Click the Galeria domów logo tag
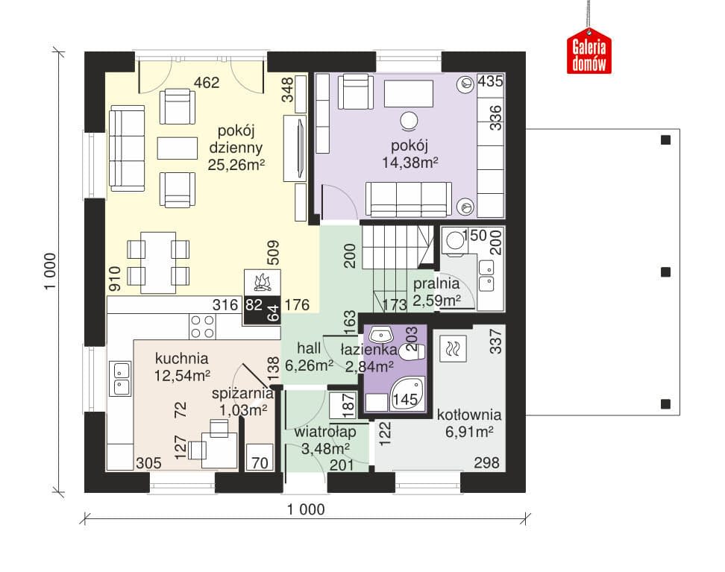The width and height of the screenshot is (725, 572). pos(589,51)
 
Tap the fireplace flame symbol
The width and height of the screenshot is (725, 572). pos(262,282)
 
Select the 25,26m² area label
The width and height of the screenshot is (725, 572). pos(236,165)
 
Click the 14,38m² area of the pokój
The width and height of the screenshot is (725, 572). pos(409,163)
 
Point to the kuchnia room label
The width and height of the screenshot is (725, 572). pos(181,359)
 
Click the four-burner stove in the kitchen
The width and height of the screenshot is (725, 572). pos(203,327)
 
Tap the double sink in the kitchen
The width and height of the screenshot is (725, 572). pos(121,378)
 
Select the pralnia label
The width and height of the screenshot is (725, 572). pos(436,284)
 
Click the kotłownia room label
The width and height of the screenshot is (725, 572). pos(469,415)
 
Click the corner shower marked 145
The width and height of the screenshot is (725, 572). pos(407,394)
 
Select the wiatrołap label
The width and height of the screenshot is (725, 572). pos(325,432)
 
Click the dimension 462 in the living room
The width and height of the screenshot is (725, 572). pos(207,83)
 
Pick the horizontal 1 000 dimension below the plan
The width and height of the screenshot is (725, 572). pos(306,509)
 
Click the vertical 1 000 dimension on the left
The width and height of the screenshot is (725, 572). pos(50,271)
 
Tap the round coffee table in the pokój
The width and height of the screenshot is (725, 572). pos(409,121)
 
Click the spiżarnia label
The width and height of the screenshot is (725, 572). pos(242,394)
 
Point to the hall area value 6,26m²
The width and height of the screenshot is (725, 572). pos(309,365)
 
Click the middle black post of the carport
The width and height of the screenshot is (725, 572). pos(665,272)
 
